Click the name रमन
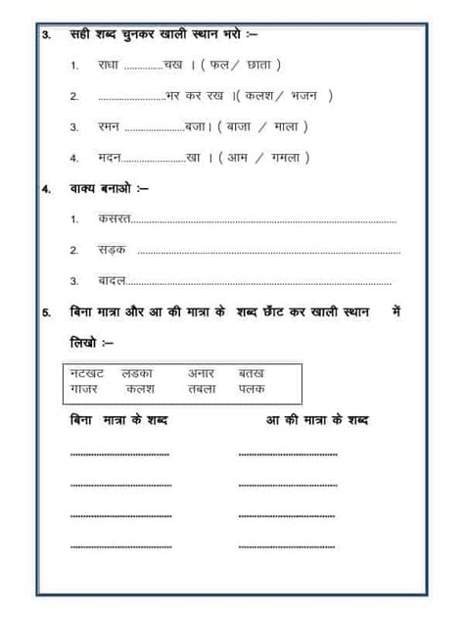pos(111,126)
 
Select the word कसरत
pos(114,220)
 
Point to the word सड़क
pos(112,251)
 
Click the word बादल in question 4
pos(112,281)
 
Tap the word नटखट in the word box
pos(87,373)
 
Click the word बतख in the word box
pos(252,373)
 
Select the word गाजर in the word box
pos(86,389)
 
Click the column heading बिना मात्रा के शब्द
pos(118,419)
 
